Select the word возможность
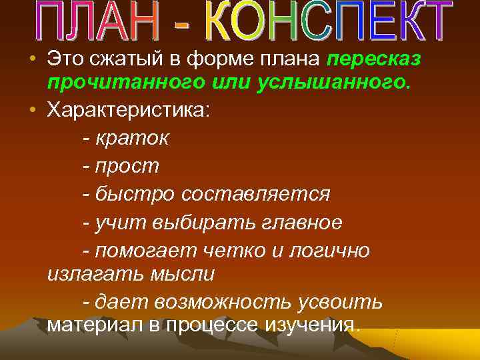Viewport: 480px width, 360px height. tap(223, 301)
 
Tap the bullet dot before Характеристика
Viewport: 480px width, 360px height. tap(33, 110)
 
